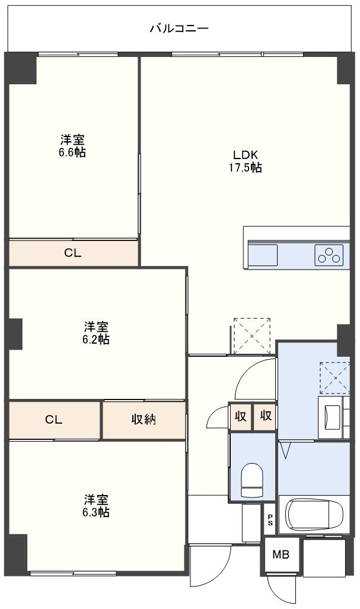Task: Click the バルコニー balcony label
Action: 179,28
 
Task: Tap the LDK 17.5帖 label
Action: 245,161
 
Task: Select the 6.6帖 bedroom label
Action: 72,145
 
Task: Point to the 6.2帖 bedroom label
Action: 95,333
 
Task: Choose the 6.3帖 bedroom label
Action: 95,505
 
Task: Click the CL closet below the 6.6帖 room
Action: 72,253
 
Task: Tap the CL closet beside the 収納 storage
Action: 54,420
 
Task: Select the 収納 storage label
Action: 144,420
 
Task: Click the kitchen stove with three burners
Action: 329,255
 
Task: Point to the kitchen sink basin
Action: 263,255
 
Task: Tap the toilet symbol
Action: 252,480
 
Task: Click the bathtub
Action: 314,515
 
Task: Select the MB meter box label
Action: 281,555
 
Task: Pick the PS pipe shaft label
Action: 270,520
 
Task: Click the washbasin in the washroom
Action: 332,417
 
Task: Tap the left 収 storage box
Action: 241,416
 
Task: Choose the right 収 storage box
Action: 265,416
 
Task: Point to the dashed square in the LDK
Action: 252,336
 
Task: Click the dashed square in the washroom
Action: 334,378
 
